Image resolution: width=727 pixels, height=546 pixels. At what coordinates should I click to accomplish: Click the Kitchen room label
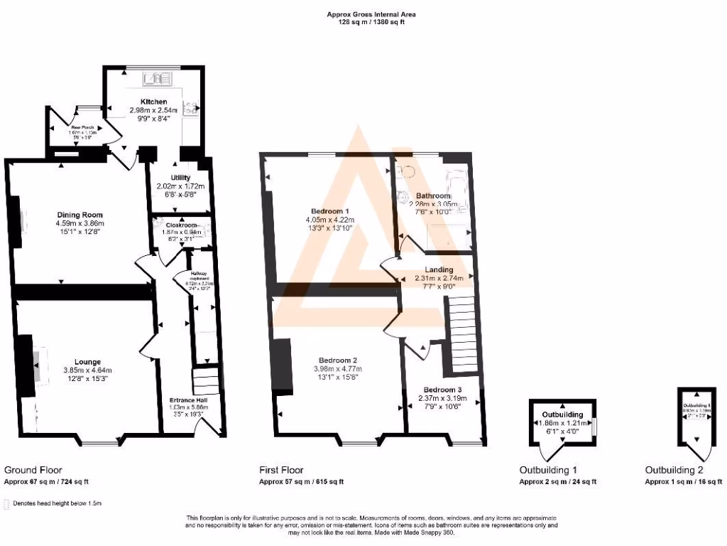click(153, 102)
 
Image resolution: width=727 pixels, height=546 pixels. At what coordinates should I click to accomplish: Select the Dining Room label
click(80, 215)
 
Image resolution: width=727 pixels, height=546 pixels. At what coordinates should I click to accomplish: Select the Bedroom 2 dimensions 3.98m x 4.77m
click(337, 368)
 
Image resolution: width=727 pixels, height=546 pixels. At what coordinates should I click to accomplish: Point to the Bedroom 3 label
click(442, 390)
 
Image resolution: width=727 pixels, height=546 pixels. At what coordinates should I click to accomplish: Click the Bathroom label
click(433, 196)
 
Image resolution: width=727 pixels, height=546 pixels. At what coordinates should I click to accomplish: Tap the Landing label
click(439, 269)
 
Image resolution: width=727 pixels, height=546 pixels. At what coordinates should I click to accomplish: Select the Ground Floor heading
click(33, 470)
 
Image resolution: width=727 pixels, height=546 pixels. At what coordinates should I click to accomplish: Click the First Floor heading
click(281, 470)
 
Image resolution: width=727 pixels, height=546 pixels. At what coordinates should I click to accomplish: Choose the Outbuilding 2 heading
click(674, 470)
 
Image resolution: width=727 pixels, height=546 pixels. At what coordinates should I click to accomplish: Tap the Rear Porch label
click(72, 127)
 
